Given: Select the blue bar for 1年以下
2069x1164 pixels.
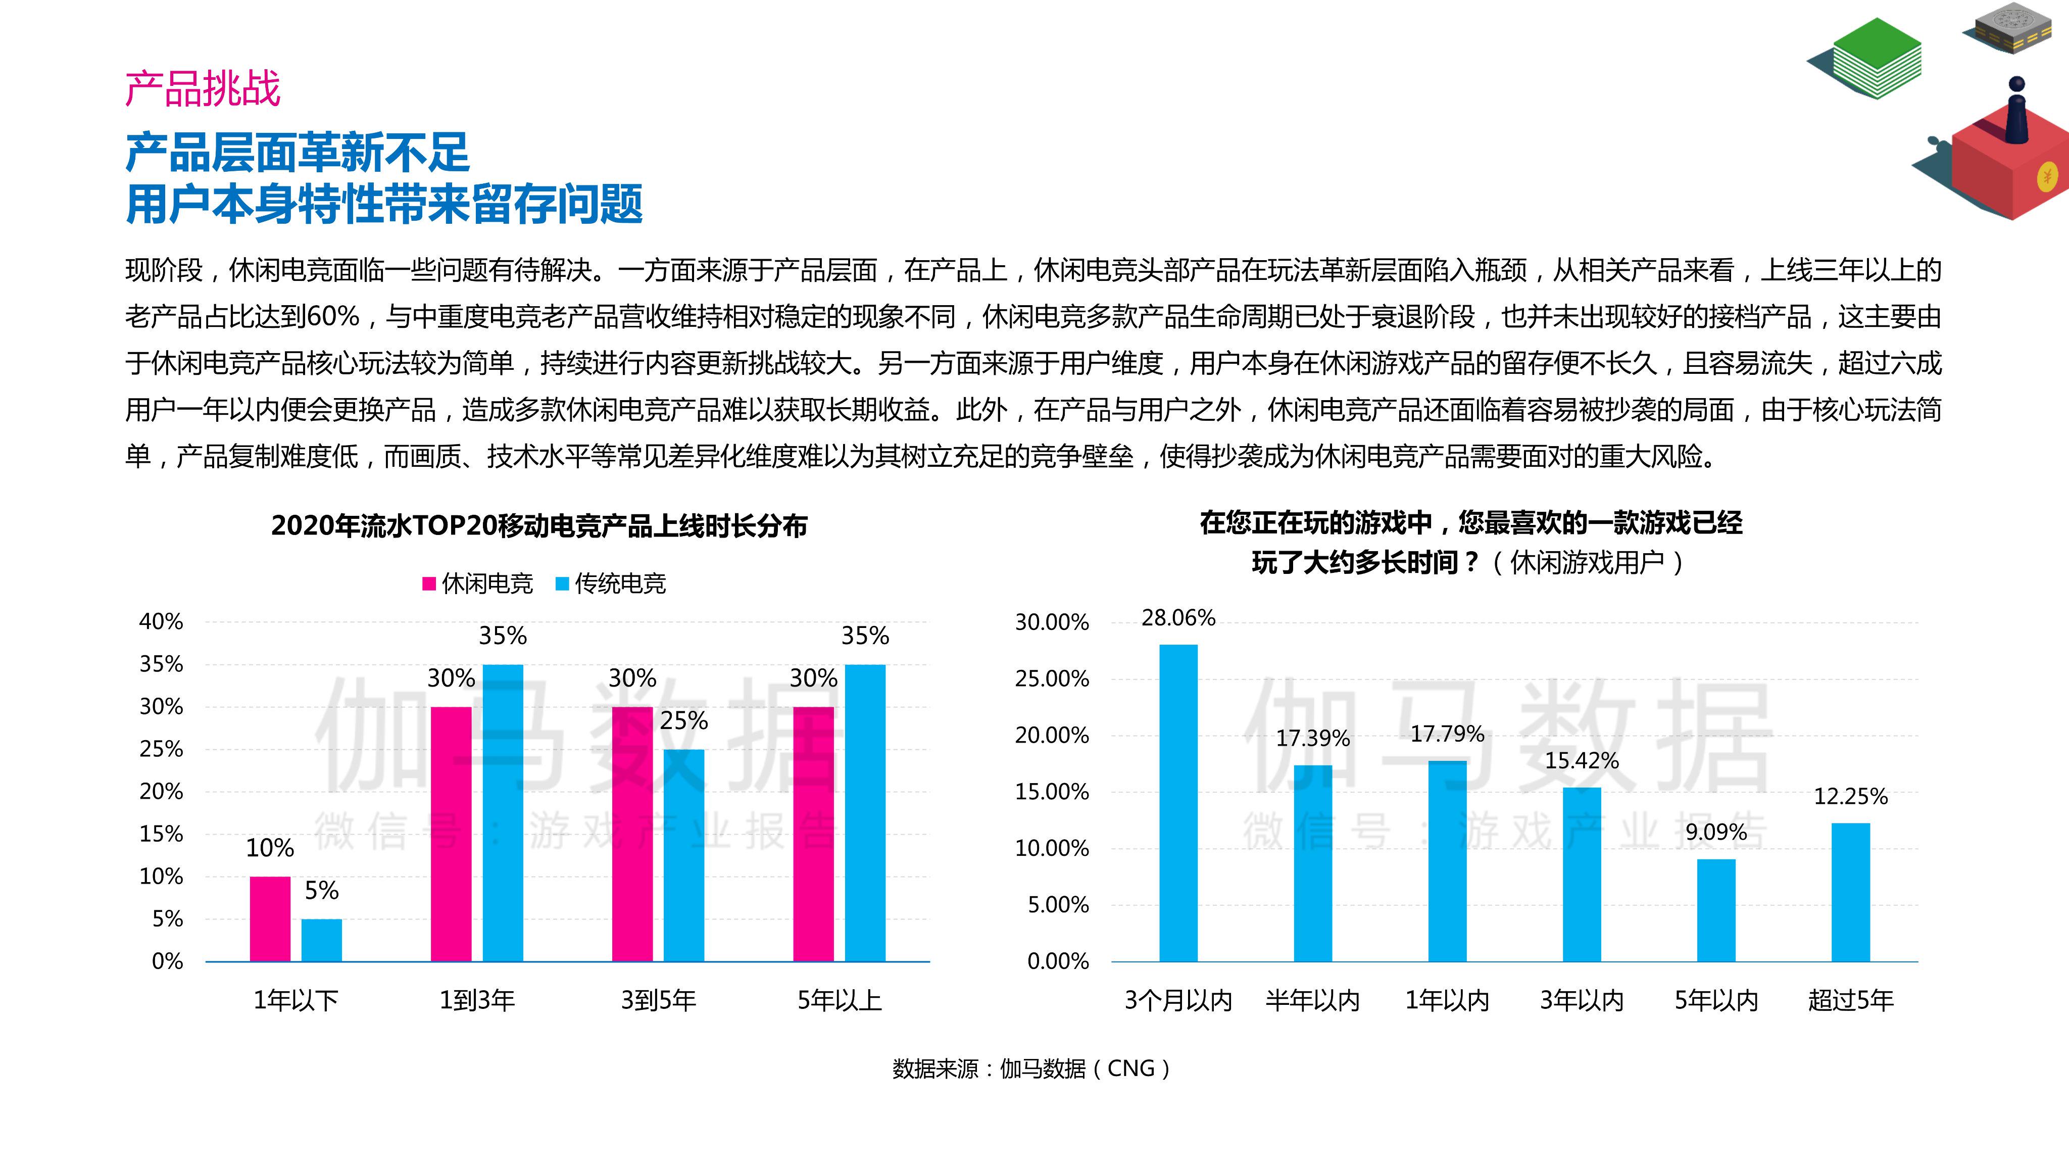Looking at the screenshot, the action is [321, 940].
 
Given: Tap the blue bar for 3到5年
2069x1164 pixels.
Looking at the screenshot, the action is [683, 855].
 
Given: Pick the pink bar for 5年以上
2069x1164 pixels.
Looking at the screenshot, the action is [814, 834].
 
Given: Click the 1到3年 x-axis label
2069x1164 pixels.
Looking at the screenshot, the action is [477, 1000].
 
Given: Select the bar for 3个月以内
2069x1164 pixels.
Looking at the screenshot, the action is [1178, 802].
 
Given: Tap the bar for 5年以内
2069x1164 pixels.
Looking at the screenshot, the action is [1716, 910].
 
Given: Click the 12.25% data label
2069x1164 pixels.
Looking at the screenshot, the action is [1851, 796].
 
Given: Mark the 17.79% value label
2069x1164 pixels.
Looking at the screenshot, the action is [1447, 734].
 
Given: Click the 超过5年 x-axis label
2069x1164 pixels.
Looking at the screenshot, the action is [1851, 1000].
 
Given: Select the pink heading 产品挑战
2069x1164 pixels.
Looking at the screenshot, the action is [203, 88].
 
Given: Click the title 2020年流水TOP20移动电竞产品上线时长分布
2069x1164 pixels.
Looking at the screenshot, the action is [539, 525].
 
